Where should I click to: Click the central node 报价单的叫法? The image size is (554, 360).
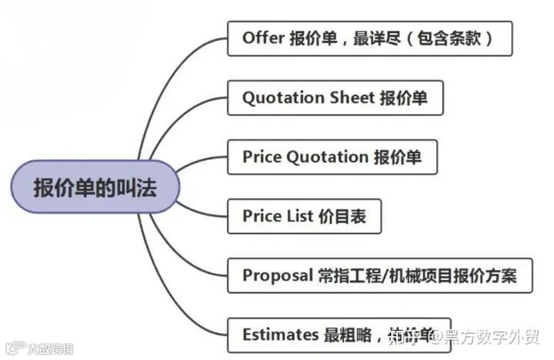click(95, 187)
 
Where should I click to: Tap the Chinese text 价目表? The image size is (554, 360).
click(342, 216)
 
